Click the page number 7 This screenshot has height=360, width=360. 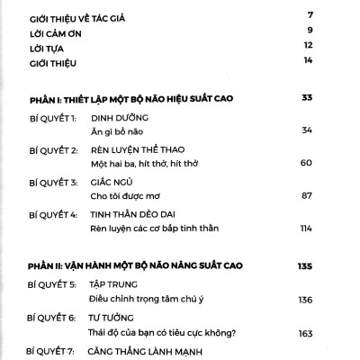(309, 16)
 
